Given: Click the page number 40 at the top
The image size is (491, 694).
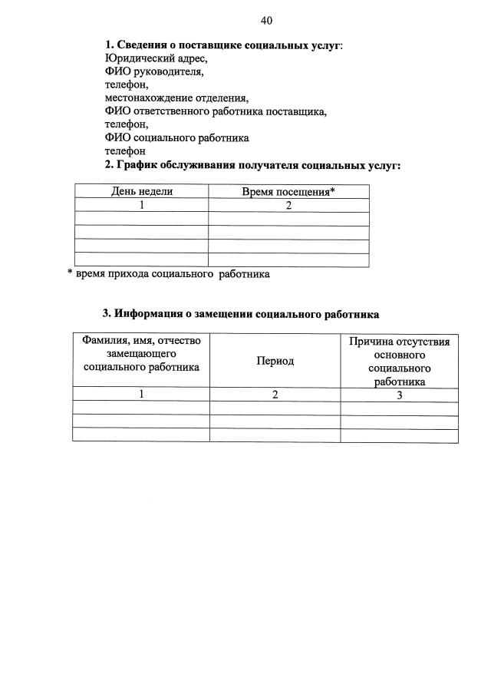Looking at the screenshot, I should point(266,20).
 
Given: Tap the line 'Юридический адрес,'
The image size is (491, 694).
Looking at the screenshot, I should point(156,58).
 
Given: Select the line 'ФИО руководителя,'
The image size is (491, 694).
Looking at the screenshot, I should point(153,71).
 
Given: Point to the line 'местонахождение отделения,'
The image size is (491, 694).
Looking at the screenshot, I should point(177,98).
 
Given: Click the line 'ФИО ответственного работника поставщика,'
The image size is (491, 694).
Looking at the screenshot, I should point(216,111).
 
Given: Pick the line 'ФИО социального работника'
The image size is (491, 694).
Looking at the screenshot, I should point(177,138).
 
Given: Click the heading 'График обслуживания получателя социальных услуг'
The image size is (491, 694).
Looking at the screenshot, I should point(252,165).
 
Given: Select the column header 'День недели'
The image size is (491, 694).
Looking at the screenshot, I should point(142,191).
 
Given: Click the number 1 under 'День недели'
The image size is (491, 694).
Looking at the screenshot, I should point(142,205).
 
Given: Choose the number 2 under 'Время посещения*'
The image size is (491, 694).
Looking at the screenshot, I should point(288,205).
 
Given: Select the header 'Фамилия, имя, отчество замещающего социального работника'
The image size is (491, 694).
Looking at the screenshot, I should point(141,354).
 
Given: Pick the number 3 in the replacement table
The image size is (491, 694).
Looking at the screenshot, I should point(400,395).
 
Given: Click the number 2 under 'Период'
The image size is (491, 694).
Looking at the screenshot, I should point(275,395).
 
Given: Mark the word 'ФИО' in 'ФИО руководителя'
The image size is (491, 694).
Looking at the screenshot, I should point(117,71).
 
